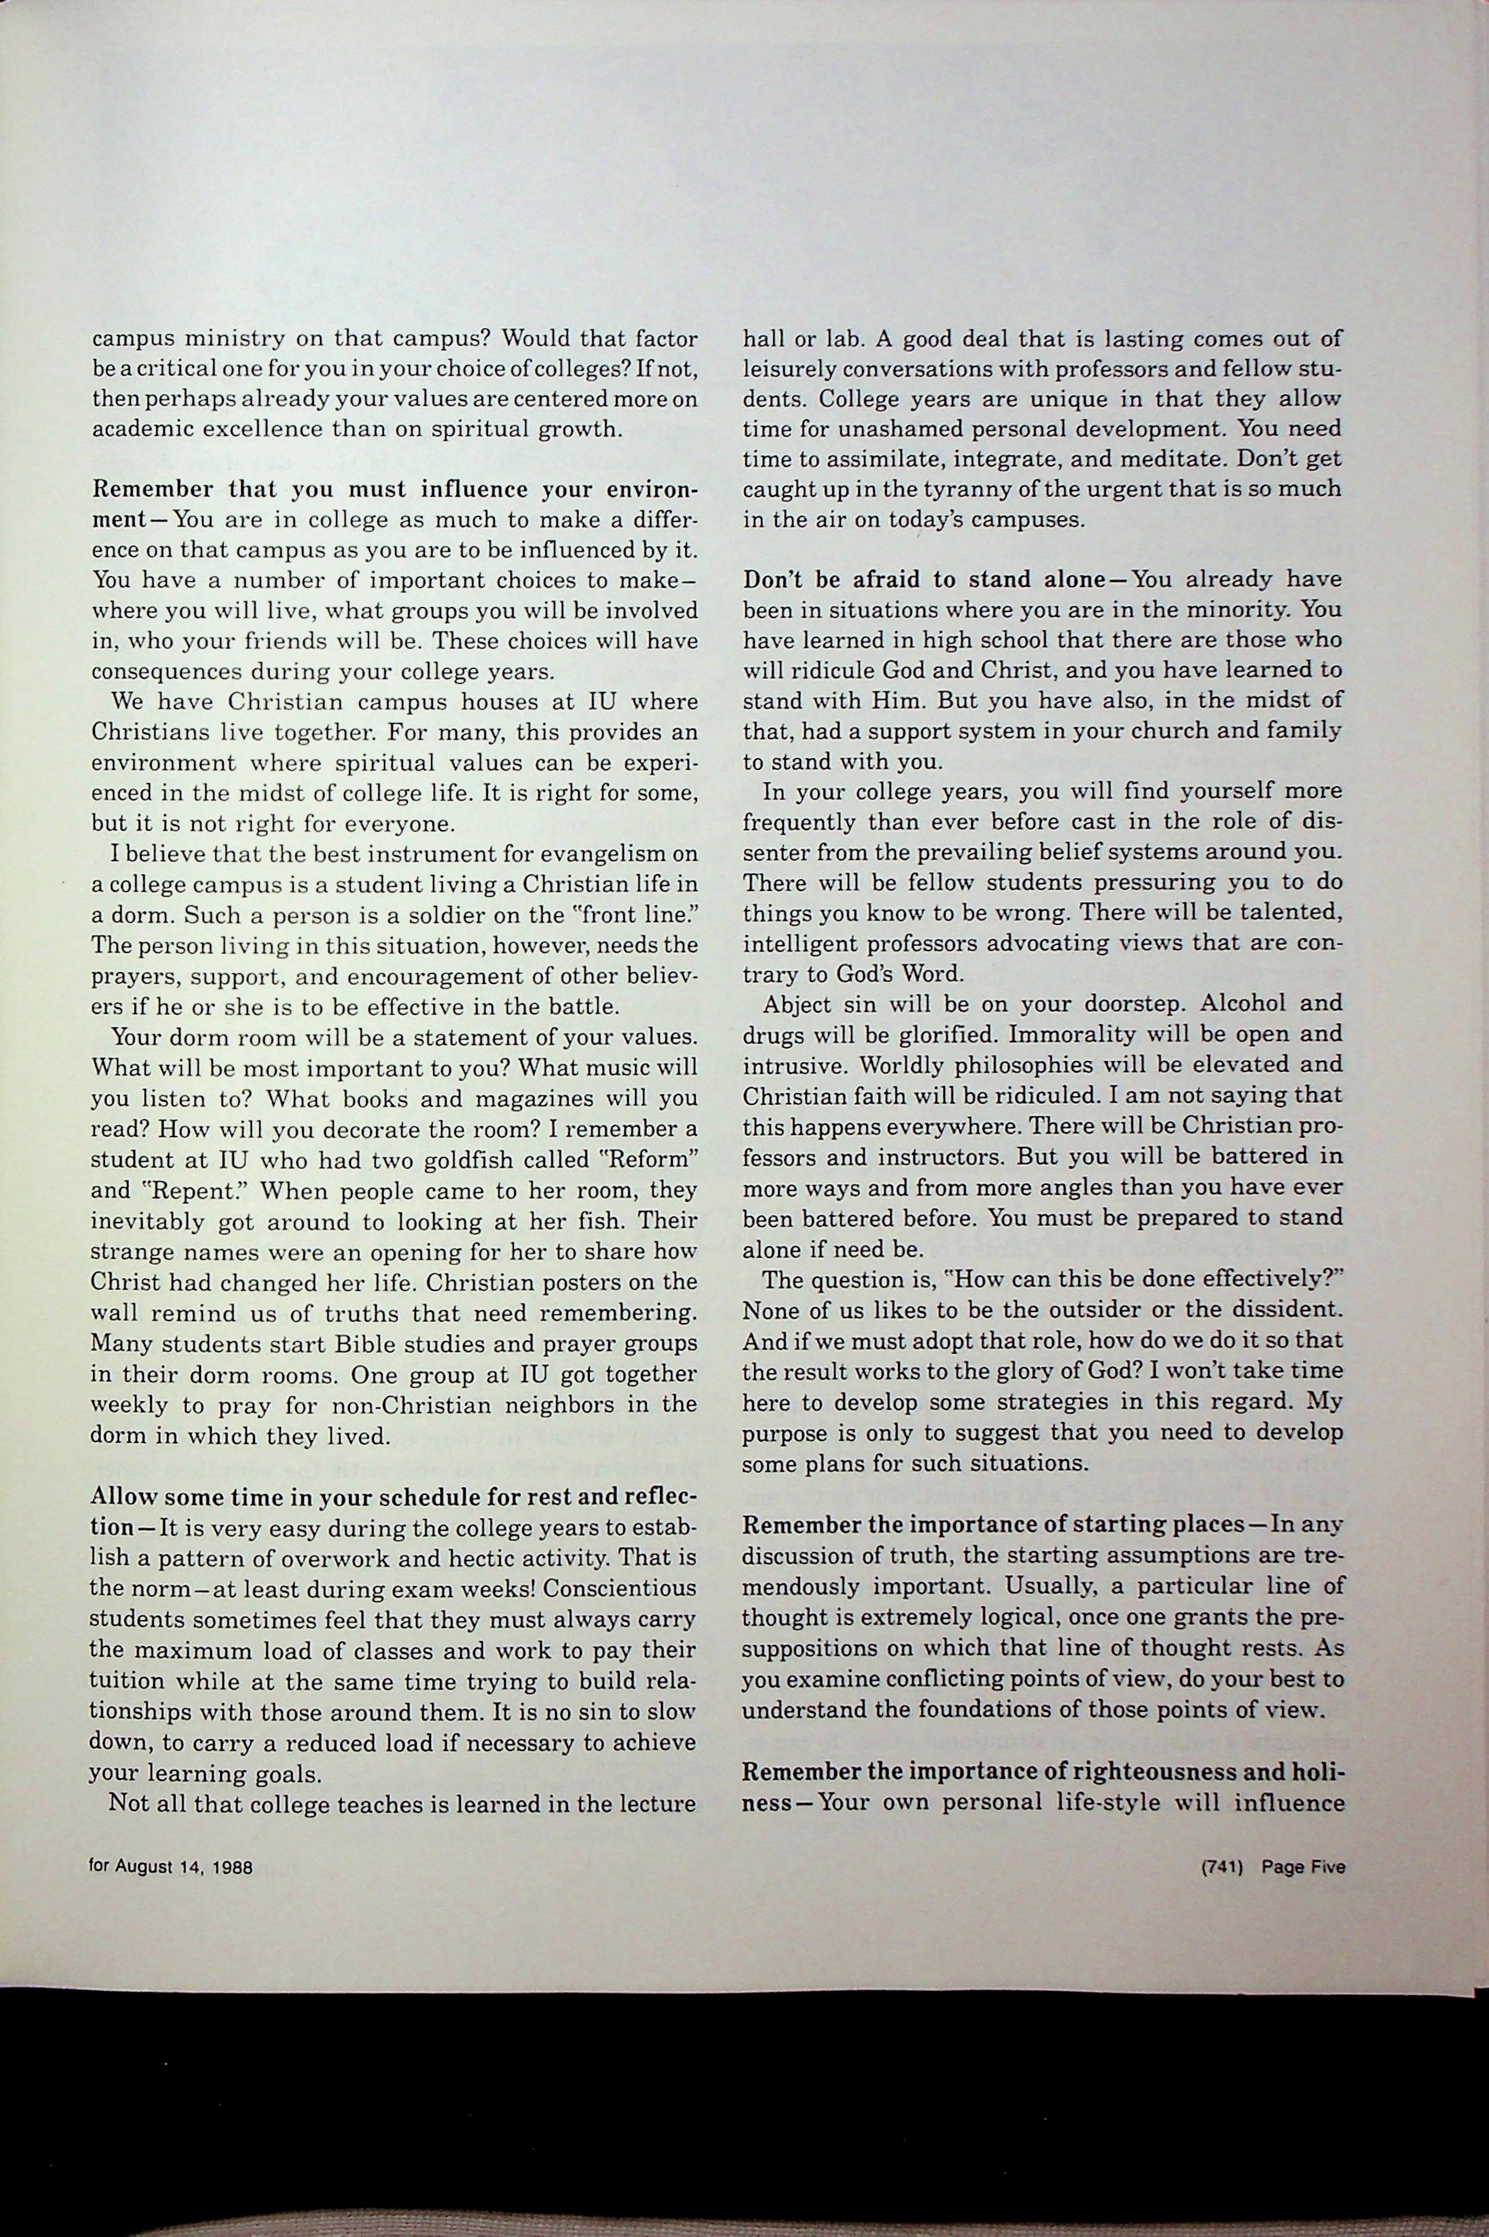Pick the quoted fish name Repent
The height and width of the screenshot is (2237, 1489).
203,1190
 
